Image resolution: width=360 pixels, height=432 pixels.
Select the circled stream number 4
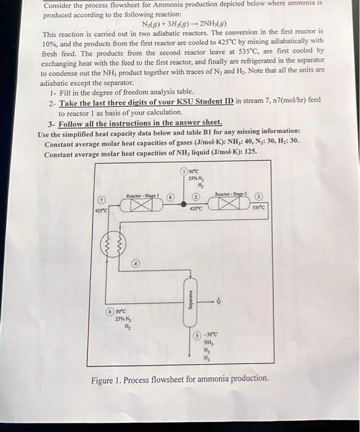tap(137, 264)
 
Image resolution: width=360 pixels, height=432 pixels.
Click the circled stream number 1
tap(184, 170)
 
